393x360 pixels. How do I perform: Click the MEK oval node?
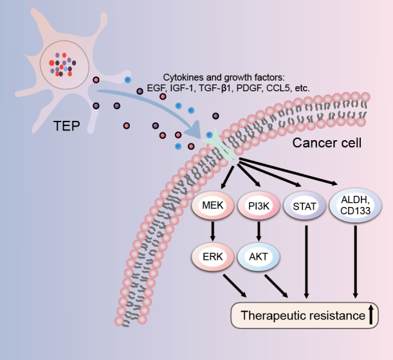point(212,206)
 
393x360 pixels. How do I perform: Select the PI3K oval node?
point(259,206)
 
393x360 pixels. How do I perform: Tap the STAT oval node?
point(304,206)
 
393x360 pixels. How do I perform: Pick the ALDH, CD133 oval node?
point(356,206)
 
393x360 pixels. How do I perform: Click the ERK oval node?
point(212,256)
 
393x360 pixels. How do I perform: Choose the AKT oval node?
point(259,256)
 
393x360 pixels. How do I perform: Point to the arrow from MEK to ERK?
point(213,231)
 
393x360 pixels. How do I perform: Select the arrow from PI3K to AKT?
point(259,231)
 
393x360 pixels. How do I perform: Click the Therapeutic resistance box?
point(304,316)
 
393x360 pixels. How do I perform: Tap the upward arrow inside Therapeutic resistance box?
point(371,314)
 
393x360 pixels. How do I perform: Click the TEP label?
point(67,126)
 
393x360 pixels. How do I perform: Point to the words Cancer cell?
point(327,143)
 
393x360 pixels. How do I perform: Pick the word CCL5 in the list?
point(278,88)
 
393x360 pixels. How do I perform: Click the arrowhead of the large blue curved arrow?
point(194,130)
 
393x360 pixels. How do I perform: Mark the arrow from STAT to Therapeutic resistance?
point(306,262)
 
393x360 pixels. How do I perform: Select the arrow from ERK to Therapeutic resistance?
point(235,286)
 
